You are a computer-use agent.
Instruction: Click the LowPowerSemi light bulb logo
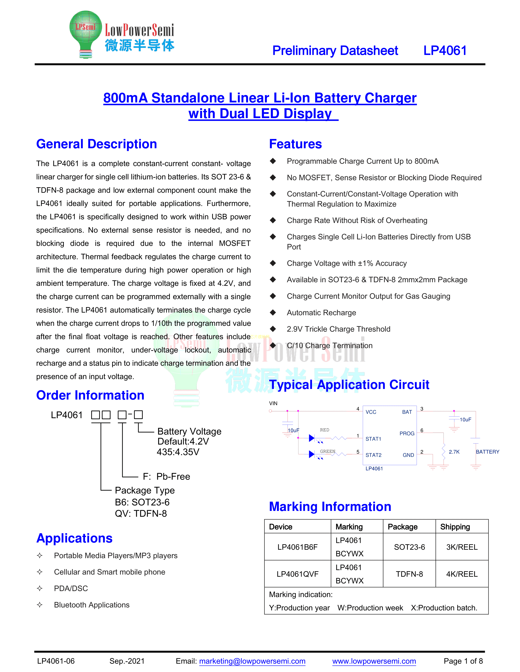(x=85, y=34)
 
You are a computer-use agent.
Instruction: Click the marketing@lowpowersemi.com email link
(x=252, y=661)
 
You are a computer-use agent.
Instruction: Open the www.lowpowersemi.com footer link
(x=374, y=661)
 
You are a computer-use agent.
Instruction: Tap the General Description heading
(x=96, y=144)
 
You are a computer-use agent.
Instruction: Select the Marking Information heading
(x=330, y=506)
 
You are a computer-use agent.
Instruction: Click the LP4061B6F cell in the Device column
(x=297, y=547)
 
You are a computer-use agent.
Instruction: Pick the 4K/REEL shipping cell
(x=462, y=574)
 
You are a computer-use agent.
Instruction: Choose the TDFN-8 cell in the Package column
(x=409, y=574)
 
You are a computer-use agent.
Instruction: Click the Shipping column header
(x=455, y=527)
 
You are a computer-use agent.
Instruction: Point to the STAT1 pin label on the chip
(x=373, y=439)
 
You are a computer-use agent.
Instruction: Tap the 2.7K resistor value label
(x=454, y=452)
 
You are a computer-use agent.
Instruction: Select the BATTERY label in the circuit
(x=487, y=452)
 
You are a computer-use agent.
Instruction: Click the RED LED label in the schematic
(x=324, y=430)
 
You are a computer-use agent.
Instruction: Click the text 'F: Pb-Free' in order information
(x=166, y=476)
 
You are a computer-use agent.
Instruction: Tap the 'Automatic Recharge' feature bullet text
(x=321, y=313)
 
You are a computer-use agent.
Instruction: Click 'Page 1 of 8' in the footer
(x=463, y=661)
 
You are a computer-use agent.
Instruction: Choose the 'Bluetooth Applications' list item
(x=92, y=605)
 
